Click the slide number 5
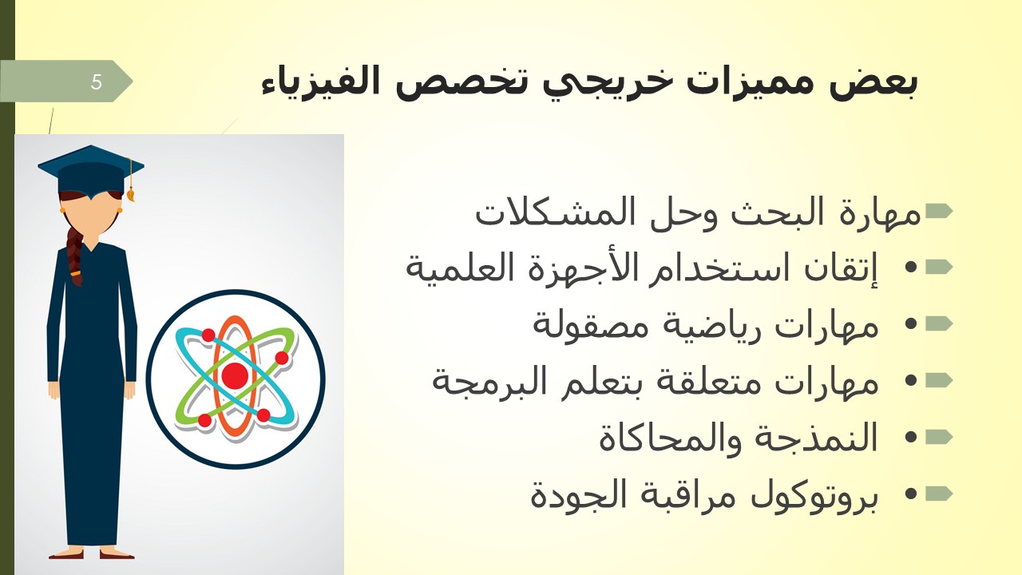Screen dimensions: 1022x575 click(x=96, y=81)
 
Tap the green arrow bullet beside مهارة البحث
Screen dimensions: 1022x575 click(x=938, y=211)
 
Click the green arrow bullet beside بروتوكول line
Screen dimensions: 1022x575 click(x=938, y=494)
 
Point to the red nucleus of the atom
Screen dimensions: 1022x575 click(x=235, y=375)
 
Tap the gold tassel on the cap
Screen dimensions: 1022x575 click(x=130, y=183)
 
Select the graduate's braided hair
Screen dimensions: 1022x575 click(x=75, y=256)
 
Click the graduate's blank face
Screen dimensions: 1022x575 click(x=91, y=215)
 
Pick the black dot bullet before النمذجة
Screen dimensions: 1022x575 click(x=910, y=437)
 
